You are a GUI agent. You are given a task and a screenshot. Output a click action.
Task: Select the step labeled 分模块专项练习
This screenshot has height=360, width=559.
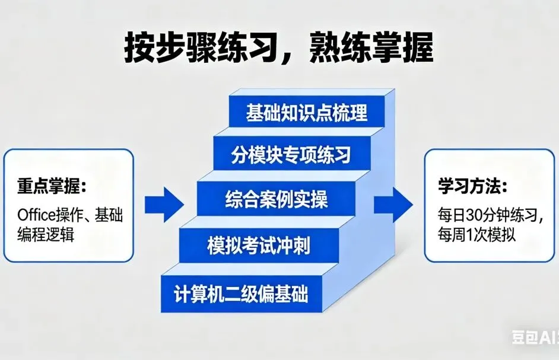point(291,155)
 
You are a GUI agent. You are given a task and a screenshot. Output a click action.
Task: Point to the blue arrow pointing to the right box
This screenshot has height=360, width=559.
point(393,205)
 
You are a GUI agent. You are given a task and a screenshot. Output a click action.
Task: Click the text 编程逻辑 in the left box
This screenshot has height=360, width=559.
point(47,234)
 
